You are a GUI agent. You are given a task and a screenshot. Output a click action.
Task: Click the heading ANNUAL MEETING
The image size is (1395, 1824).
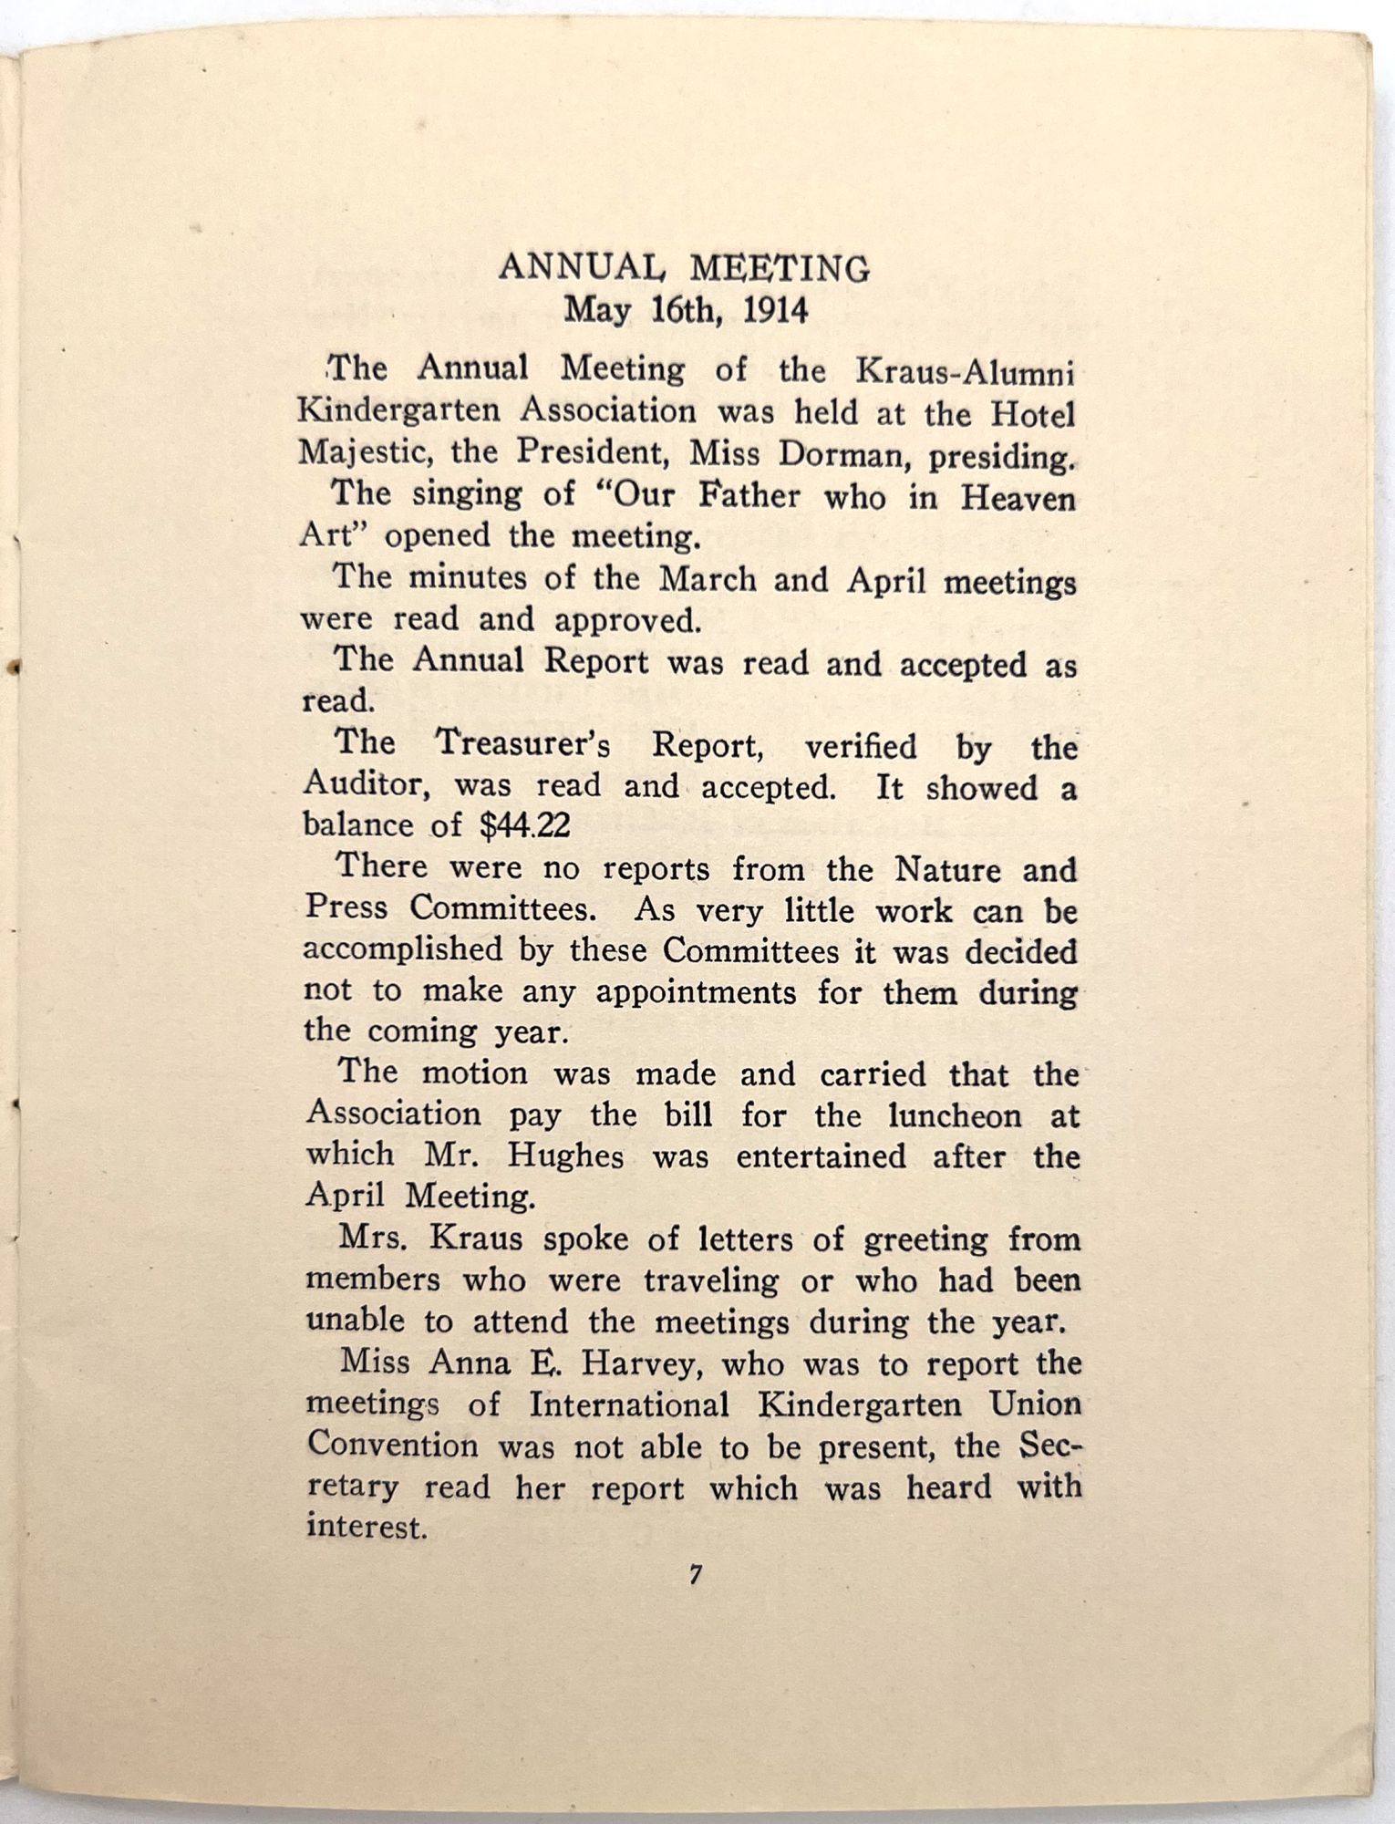[x=684, y=268]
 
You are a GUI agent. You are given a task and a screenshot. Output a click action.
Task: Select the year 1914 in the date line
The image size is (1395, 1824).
[x=776, y=311]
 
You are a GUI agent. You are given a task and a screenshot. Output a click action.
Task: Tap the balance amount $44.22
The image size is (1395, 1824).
[x=525, y=826]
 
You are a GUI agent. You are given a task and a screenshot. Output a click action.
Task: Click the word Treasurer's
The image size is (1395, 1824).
[x=524, y=744]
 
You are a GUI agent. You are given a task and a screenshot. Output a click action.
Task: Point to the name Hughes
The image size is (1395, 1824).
[x=565, y=1156]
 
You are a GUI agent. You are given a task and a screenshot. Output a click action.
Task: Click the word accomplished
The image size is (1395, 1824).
[x=402, y=951]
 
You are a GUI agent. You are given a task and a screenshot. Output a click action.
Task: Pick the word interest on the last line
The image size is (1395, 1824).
[x=366, y=1527]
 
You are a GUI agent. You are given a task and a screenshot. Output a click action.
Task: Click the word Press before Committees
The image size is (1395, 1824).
[x=347, y=909]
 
